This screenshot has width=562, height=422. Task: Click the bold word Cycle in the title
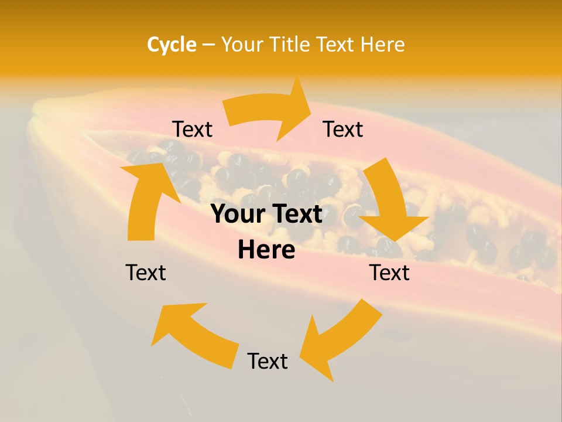click(x=172, y=45)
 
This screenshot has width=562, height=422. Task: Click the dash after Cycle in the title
click(x=208, y=45)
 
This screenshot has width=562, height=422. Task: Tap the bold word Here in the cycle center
click(x=266, y=250)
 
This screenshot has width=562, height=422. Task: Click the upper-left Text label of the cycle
click(x=192, y=130)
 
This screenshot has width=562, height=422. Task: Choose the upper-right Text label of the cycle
click(x=343, y=130)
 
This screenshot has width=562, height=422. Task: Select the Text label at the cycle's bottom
click(x=268, y=362)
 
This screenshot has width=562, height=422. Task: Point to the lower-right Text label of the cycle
click(x=389, y=273)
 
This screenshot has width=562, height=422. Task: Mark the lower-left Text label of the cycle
click(x=146, y=273)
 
